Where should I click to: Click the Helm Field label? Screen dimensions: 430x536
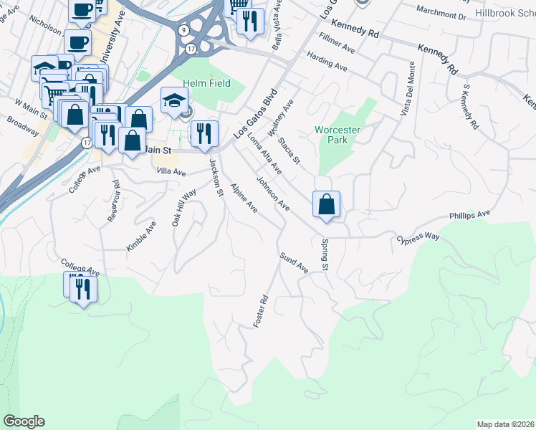tap(206, 84)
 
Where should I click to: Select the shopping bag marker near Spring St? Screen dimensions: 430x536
tap(326, 204)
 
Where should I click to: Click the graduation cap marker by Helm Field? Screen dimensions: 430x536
tap(173, 101)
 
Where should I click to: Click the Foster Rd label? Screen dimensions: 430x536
tap(260, 312)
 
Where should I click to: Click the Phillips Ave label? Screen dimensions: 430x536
tap(469, 214)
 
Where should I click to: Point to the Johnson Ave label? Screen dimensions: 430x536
tap(273, 195)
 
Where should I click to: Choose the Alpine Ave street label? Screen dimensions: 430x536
tap(244, 197)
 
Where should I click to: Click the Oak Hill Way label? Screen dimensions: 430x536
tap(183, 209)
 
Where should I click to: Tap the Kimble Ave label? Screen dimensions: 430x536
tap(141, 236)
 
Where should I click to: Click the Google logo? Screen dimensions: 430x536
tap(24, 421)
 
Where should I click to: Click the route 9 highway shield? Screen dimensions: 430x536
tap(184, 30)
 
